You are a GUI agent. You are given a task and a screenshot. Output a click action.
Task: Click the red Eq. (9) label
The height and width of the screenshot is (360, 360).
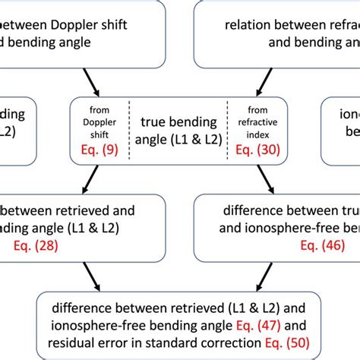[x=99, y=150]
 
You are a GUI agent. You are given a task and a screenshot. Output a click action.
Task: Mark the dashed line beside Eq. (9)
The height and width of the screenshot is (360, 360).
[x=129, y=131]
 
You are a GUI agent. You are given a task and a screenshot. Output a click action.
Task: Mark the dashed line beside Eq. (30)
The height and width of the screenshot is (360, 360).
[x=227, y=131]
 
